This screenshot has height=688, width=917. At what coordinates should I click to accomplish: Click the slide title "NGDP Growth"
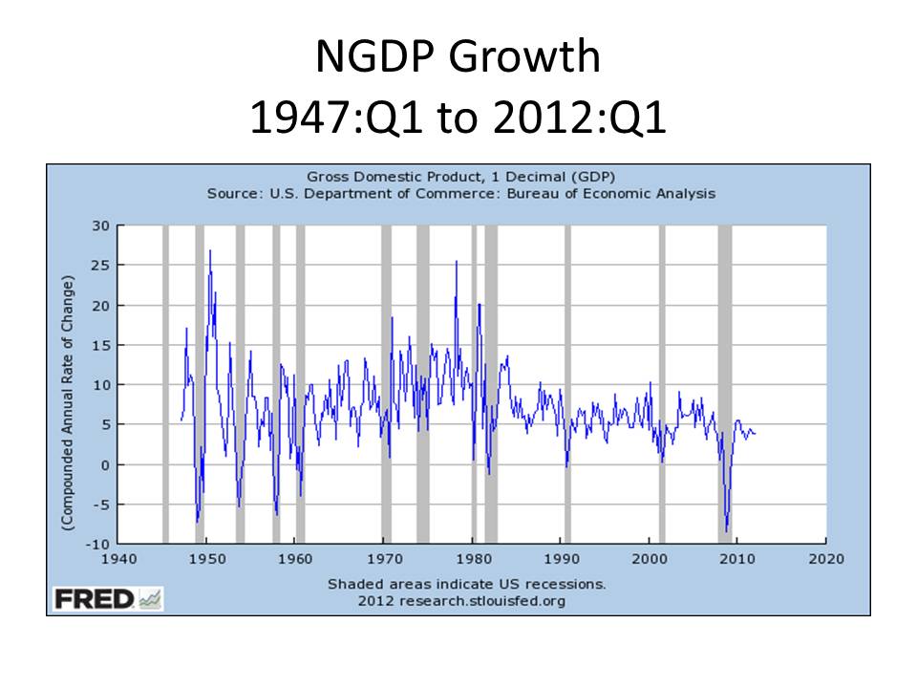pos(458,59)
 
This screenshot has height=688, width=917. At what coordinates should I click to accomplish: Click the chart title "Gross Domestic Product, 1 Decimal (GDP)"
pos(460,177)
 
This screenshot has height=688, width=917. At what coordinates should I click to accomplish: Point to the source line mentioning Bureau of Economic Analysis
pos(460,193)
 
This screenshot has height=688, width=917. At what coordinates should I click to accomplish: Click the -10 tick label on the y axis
pos(99,544)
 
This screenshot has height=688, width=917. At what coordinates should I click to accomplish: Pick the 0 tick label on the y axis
pos(107,464)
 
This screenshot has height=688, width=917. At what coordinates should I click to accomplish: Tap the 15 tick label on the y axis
pos(102,345)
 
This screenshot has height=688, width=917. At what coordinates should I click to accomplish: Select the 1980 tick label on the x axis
pos(472,559)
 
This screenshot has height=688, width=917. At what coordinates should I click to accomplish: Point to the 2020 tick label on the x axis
pos(825,559)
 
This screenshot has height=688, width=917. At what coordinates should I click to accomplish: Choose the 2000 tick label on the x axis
pos(649,559)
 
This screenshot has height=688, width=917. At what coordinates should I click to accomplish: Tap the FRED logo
pos(108,600)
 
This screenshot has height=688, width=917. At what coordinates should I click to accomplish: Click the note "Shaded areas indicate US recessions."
pos(466,583)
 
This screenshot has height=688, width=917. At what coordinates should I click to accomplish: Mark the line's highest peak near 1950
pos(210,250)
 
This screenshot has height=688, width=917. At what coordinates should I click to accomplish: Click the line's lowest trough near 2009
pos(727,531)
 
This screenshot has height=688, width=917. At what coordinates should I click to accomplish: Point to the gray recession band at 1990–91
pos(567,382)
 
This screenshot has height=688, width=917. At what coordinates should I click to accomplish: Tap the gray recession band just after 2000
pos(662,382)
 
